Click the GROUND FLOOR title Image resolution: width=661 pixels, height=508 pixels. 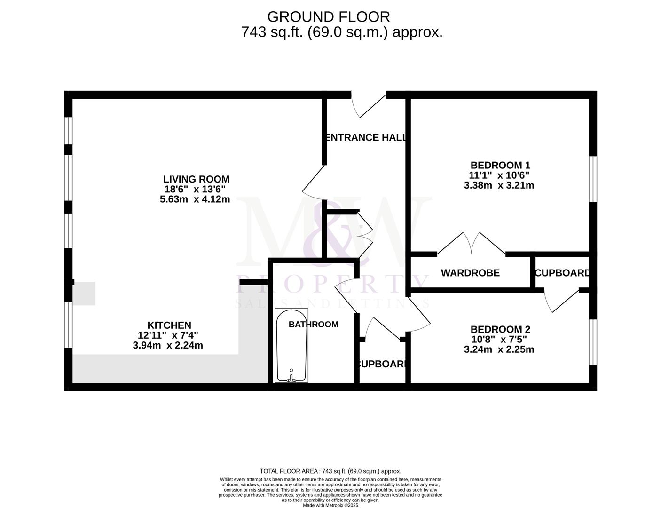(328, 16)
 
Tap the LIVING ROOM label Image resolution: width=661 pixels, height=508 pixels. (196, 179)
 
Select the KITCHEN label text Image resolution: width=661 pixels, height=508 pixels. (169, 325)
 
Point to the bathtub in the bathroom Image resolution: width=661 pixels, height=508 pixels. (291, 346)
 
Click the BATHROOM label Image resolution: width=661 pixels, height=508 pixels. (313, 324)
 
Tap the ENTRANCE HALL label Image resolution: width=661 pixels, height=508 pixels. (365, 137)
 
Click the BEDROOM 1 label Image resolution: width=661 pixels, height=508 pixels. (500, 165)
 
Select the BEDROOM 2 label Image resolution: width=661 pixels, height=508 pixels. (500, 329)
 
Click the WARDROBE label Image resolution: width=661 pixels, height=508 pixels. (470, 273)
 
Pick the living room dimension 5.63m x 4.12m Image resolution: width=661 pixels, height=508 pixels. (195, 199)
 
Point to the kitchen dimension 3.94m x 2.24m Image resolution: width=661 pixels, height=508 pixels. (168, 345)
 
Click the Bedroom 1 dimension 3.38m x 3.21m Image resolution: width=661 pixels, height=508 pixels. (499, 185)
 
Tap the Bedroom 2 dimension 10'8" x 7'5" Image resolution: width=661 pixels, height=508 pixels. (499, 340)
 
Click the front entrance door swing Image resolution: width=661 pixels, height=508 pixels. (369, 104)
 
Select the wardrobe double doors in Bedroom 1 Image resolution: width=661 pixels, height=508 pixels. (472, 242)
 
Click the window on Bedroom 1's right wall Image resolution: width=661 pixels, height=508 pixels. (593, 179)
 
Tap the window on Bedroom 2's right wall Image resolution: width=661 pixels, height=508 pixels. (593, 342)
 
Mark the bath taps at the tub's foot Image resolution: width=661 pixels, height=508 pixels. (291, 377)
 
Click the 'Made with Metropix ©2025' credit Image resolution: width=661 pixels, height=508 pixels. (330, 505)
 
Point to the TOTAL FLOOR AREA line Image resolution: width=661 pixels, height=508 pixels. (330, 471)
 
